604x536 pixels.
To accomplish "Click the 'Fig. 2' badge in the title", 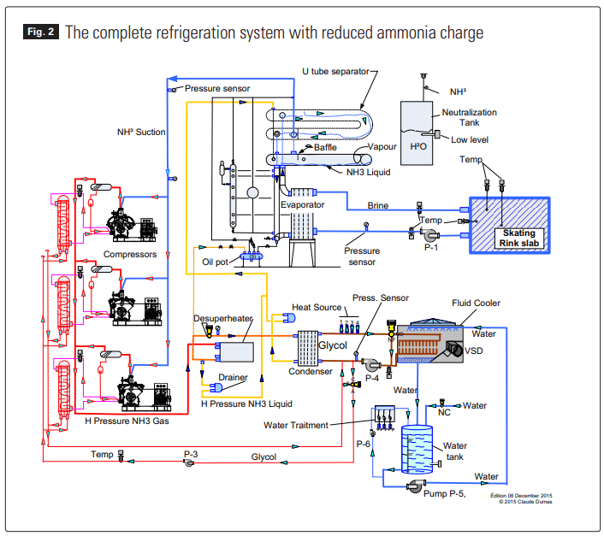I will click(40, 33).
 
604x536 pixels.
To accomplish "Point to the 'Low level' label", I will click(469, 138).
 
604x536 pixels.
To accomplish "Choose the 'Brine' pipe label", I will click(377, 205).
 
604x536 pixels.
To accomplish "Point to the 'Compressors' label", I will click(130, 254).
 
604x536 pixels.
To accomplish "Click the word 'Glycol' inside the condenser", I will click(334, 345).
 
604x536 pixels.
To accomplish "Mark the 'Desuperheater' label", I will click(223, 318).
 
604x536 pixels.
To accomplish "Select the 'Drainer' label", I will click(233, 377).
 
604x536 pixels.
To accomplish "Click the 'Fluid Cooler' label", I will click(477, 303).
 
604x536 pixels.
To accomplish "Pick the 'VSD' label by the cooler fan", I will click(475, 350).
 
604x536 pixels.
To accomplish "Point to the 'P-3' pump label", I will click(191, 454).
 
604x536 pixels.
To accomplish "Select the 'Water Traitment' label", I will click(296, 424).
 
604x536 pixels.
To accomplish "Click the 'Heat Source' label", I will click(317, 308).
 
